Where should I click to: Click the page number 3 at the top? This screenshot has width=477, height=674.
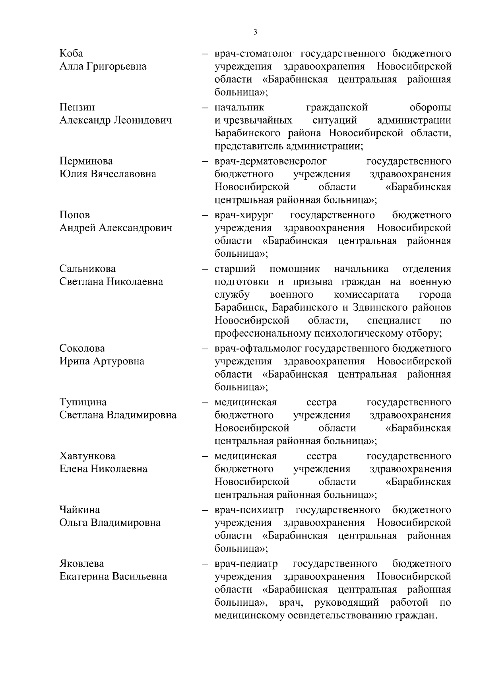pyautogui.click(x=255, y=32)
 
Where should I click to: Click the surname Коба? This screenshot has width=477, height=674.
pyautogui.click(x=71, y=54)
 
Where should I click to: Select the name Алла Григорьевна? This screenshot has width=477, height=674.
pyautogui.click(x=103, y=66)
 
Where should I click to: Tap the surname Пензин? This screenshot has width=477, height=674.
pyautogui.click(x=77, y=107)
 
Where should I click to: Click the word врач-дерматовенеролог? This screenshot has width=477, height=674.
pyautogui.click(x=270, y=161)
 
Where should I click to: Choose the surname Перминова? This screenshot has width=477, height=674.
pyautogui.click(x=86, y=161)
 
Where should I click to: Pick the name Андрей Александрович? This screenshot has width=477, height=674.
pyautogui.click(x=116, y=228)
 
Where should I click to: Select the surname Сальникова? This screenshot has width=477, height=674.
pyautogui.click(x=87, y=269)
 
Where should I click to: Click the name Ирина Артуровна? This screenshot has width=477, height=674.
pyautogui.click(x=102, y=361)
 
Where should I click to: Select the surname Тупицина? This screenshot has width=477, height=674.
pyautogui.click(x=83, y=402)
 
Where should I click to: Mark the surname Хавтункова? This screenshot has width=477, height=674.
pyautogui.click(x=87, y=456)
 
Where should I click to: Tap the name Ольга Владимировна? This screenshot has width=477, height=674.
pyautogui.click(x=110, y=523)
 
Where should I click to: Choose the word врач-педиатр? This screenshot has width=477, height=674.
pyautogui.click(x=246, y=564)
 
